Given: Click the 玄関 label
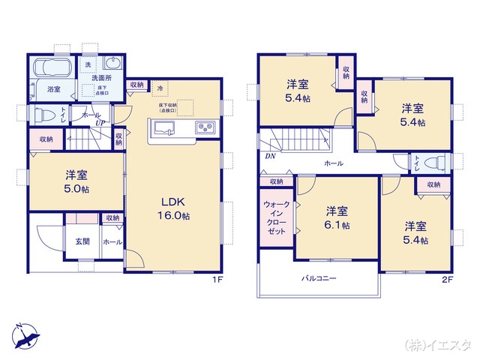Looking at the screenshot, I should pyautogui.click(x=82, y=241).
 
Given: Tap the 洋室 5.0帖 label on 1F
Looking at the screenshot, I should pyautogui.click(x=76, y=182).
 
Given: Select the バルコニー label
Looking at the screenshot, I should pyautogui.click(x=319, y=278).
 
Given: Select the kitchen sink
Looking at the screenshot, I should pyautogui.click(x=165, y=126).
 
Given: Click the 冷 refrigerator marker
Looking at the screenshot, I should pyautogui.click(x=159, y=88).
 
